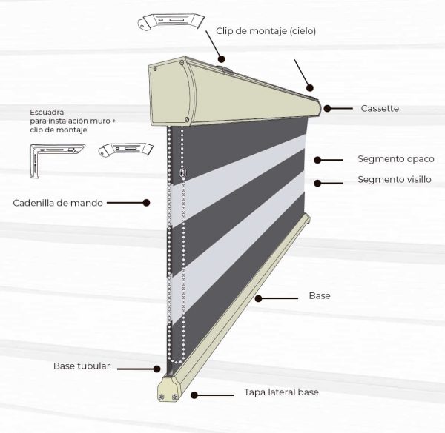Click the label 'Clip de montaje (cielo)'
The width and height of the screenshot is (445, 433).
tap(266, 31)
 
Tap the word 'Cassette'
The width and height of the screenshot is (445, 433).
tap(380, 109)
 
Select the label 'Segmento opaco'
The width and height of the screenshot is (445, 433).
tap(395, 159)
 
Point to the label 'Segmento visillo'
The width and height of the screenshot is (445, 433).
tap(394, 180)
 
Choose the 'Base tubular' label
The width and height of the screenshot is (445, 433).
tap(82, 366)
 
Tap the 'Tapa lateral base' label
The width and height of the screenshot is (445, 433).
tap(281, 392)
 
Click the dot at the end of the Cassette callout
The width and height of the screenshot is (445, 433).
tap(326, 109)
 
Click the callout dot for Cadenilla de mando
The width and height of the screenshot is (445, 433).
tap(146, 202)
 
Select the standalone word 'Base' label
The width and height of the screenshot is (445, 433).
tap(320, 296)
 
